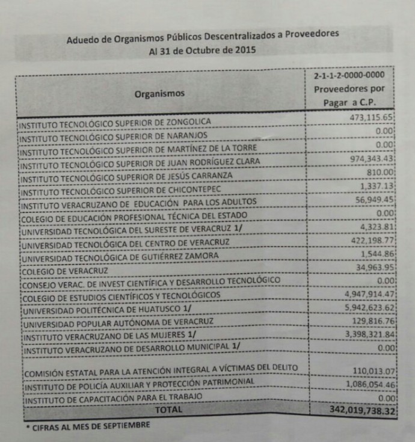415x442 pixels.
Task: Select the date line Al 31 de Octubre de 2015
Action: pos(201,51)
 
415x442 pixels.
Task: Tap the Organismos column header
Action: pos(159,94)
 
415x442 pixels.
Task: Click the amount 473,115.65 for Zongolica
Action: pos(371,117)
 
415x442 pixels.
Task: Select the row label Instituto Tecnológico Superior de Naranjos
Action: pos(112,137)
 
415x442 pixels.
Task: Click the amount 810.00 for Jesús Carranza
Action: pos(380,172)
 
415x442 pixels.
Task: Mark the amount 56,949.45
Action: pos(373,199)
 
